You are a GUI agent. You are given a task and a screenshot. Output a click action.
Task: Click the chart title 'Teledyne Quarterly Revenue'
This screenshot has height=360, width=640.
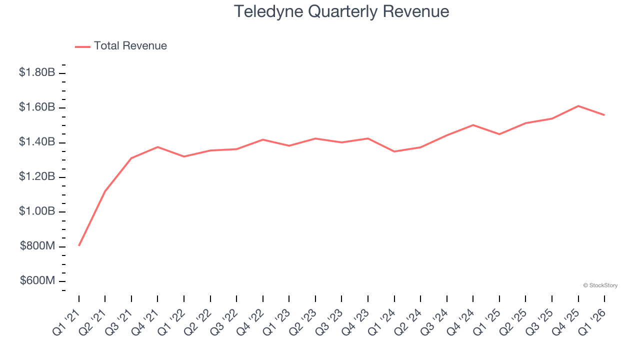[x=341, y=11]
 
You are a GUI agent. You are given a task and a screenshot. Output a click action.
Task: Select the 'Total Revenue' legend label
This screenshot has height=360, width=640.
[x=130, y=46]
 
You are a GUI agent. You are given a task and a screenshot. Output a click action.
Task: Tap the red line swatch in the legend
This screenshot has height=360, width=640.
[x=82, y=46]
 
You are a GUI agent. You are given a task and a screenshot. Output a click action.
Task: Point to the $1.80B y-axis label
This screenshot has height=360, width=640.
[x=37, y=72]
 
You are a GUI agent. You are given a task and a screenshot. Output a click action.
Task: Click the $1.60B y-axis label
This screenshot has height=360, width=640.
[x=37, y=107]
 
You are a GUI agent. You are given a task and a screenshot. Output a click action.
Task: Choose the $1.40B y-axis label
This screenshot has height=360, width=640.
[x=37, y=142]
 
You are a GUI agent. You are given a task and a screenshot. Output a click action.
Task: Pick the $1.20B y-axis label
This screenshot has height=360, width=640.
[x=37, y=177]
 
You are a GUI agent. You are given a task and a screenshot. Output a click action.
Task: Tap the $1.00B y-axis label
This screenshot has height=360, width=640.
[x=37, y=211]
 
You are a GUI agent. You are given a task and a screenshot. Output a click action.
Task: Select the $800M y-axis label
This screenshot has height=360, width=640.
[x=37, y=246]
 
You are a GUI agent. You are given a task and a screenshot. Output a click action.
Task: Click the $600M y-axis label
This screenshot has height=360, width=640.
[x=37, y=281]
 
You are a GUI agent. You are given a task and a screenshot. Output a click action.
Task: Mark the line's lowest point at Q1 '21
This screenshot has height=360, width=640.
[x=79, y=245]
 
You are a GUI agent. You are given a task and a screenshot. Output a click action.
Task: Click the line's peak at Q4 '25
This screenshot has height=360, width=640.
[x=578, y=106]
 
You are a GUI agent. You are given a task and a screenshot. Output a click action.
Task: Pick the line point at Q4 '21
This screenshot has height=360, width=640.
[x=157, y=147]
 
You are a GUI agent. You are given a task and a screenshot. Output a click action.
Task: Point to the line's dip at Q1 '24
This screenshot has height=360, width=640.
[x=394, y=151]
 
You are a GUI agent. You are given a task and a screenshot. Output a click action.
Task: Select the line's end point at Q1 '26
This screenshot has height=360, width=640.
[x=604, y=115]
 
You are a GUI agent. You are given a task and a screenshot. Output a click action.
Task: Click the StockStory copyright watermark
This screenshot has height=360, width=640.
[x=600, y=285]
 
